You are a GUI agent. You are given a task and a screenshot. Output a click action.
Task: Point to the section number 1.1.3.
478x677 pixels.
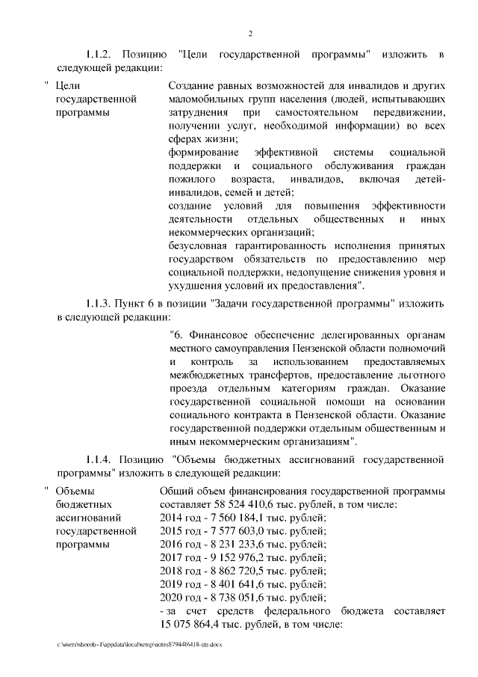click(99, 304)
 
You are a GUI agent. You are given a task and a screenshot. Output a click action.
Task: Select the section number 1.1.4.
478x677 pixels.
click(99, 459)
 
